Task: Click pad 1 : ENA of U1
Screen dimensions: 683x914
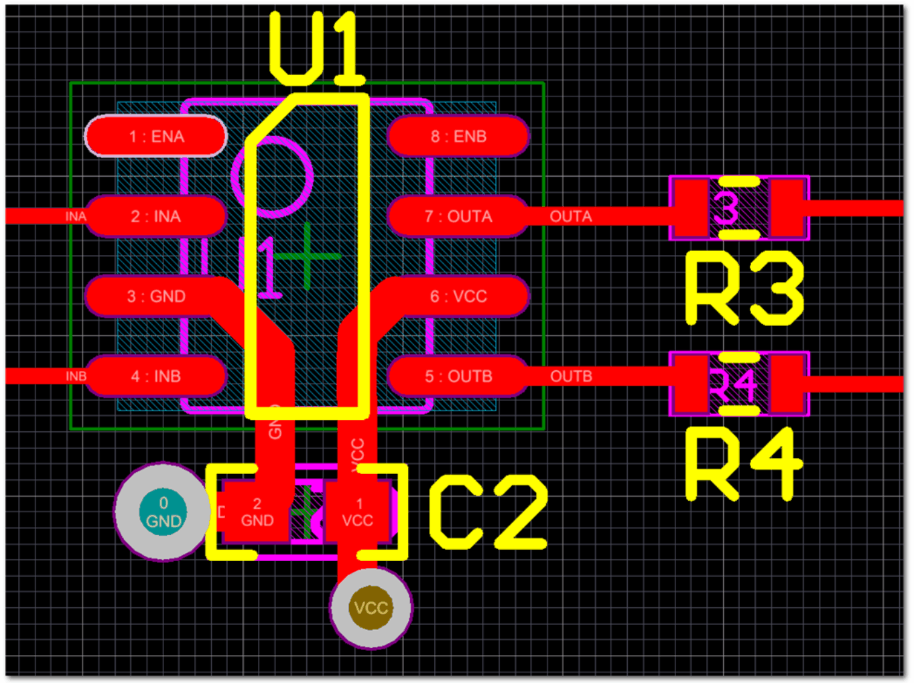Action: click(155, 137)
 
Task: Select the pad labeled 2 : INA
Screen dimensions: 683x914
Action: click(155, 216)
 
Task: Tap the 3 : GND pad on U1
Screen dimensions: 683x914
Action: click(155, 297)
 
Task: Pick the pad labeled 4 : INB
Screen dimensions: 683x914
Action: click(155, 376)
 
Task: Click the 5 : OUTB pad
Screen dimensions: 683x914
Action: click(458, 376)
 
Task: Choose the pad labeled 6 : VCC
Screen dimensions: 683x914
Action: click(458, 297)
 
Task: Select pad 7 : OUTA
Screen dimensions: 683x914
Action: click(458, 216)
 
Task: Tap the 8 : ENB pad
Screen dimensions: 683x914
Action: click(458, 137)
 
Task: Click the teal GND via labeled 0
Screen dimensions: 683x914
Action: click(163, 512)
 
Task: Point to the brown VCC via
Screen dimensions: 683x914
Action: click(371, 608)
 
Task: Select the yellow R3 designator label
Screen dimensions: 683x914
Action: click(744, 289)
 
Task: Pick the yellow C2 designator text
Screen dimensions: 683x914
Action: click(488, 513)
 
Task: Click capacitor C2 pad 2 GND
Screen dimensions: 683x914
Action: click(256, 512)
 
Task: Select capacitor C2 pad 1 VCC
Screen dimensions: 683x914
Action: click(358, 512)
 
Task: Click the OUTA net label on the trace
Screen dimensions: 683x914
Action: click(571, 216)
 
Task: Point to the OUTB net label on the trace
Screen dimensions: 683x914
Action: click(571, 376)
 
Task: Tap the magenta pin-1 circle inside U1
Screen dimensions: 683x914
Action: click(271, 177)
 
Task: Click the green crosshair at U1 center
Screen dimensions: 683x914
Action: click(306, 256)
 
